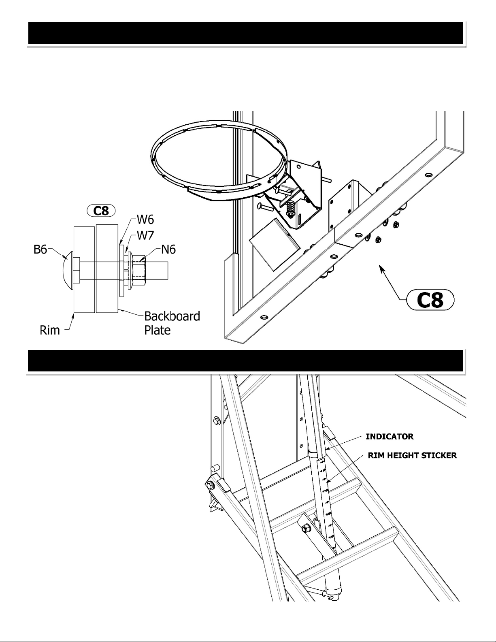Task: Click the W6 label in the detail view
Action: pyautogui.click(x=145, y=220)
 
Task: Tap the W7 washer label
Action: pyautogui.click(x=145, y=236)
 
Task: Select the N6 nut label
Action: pyautogui.click(x=168, y=250)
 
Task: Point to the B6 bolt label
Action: pyautogui.click(x=40, y=250)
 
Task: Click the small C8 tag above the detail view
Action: pyautogui.click(x=101, y=211)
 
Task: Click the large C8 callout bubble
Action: pyautogui.click(x=430, y=300)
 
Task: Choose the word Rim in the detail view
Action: pyautogui.click(x=49, y=330)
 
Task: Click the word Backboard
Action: pyautogui.click(x=172, y=316)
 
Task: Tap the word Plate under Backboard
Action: pyautogui.click(x=158, y=330)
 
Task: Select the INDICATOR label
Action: pyautogui.click(x=390, y=437)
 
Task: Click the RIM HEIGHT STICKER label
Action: pyautogui.click(x=412, y=456)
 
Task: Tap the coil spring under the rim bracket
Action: pyautogui.click(x=291, y=209)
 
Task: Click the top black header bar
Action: pyautogui.click(x=246, y=33)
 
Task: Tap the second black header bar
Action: pyautogui.click(x=245, y=361)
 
